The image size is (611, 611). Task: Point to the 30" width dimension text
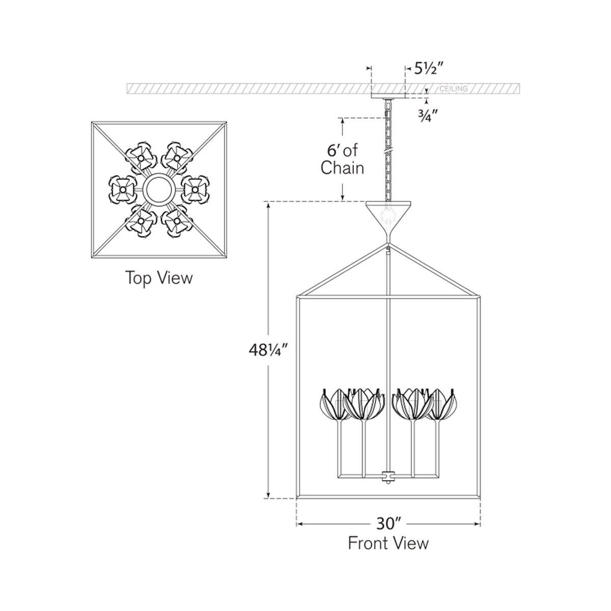pyautogui.click(x=388, y=523)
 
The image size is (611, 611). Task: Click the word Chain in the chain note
pyautogui.click(x=342, y=168)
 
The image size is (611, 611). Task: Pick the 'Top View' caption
pyautogui.click(x=159, y=278)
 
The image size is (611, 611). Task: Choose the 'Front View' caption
pyautogui.click(x=388, y=543)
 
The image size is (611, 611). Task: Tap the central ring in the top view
pyautogui.click(x=159, y=189)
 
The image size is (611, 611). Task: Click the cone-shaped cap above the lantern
pyautogui.click(x=389, y=216)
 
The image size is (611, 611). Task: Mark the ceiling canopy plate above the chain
pyautogui.click(x=388, y=95)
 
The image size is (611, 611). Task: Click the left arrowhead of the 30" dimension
pyautogui.click(x=300, y=523)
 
